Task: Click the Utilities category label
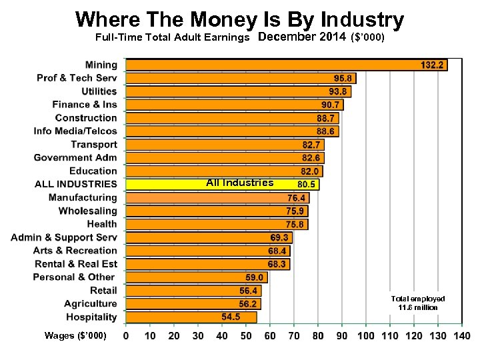[99, 91]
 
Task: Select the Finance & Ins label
[85, 105]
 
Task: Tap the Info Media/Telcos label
[75, 131]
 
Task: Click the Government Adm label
[75, 158]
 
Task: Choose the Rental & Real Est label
[75, 264]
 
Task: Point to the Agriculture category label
[91, 304]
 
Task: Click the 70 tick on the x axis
[294, 336]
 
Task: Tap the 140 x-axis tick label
[461, 336]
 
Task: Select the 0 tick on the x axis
[127, 336]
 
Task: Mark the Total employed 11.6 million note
[418, 303]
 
